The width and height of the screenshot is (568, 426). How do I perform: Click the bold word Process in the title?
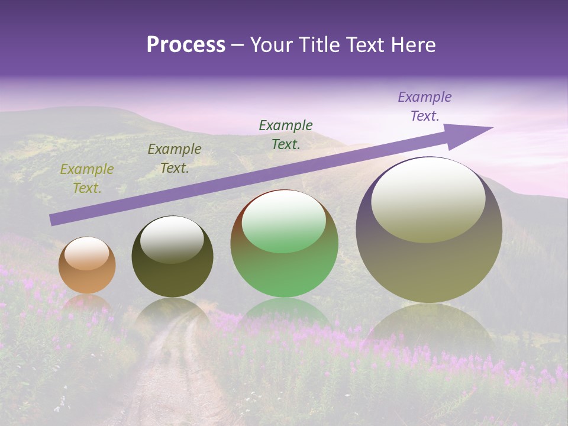click(186, 45)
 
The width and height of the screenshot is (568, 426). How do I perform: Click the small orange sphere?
click(87, 278)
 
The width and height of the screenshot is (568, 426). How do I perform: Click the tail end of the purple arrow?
click(53, 220)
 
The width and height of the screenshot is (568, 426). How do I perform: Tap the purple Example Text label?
click(425, 106)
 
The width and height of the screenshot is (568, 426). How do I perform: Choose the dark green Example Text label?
click(286, 134)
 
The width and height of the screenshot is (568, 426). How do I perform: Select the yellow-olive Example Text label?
click(87, 178)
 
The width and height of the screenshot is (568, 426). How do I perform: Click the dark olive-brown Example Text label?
click(175, 158)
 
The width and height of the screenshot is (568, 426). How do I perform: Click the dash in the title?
click(237, 45)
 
